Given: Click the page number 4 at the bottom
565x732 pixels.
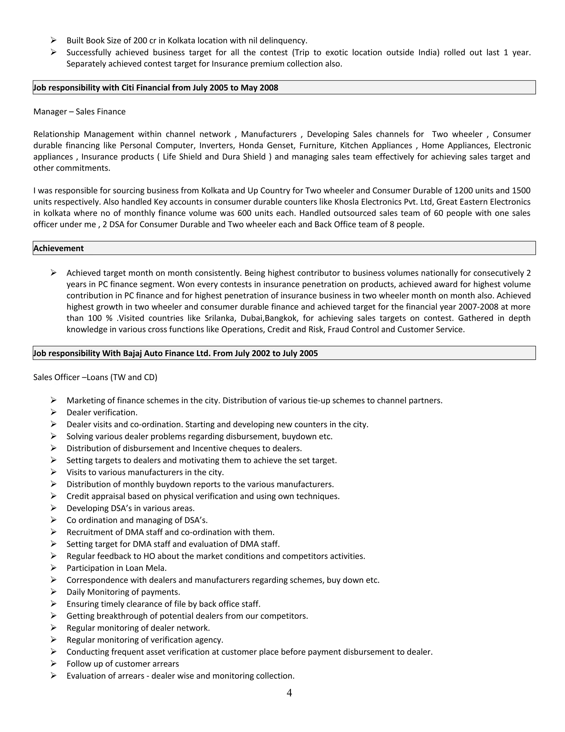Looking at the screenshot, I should click(x=289, y=692).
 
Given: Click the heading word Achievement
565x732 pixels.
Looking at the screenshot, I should click(x=58, y=248).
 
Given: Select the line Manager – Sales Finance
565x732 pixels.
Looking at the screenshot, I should click(x=79, y=112).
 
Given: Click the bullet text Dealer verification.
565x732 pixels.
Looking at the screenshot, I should click(x=102, y=412).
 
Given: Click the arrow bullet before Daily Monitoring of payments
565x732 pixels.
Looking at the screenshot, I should click(x=54, y=592).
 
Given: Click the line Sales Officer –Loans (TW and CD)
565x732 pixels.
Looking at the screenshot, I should click(x=95, y=377).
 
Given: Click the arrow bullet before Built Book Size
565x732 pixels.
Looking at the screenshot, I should click(x=54, y=40).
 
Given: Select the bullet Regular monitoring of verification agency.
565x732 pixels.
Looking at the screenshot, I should click(x=145, y=639).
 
